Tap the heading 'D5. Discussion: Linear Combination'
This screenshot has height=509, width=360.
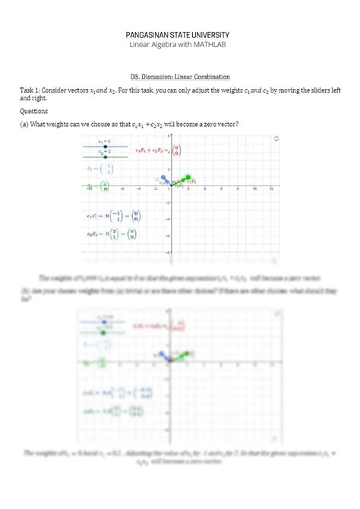[180, 77]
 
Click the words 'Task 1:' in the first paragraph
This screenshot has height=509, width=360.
[33, 91]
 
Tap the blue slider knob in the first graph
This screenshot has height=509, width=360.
[105, 146]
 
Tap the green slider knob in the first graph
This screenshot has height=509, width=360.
[105, 156]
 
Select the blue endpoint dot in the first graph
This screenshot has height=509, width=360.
[163, 178]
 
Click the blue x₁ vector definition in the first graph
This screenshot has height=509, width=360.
[99, 169]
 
